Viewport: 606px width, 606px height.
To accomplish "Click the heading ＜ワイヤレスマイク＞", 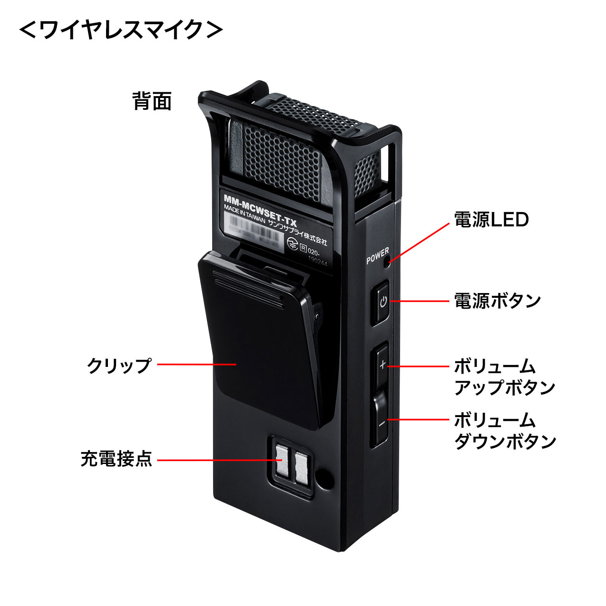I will coord(121,31).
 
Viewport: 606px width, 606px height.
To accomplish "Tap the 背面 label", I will coord(152,101).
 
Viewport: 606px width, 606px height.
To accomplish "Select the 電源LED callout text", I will coord(491,220).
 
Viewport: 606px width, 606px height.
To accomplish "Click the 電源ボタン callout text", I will coord(497,301).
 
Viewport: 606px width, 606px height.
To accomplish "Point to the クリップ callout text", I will coord(119,365).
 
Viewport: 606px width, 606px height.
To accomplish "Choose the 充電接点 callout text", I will coord(116,459).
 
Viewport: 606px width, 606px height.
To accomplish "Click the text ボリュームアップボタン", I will coord(504,377).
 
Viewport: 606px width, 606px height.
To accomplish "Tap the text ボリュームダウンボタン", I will coord(505,431).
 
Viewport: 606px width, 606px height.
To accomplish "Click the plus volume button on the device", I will coord(382,365).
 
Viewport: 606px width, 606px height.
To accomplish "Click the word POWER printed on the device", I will coord(377,256).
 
